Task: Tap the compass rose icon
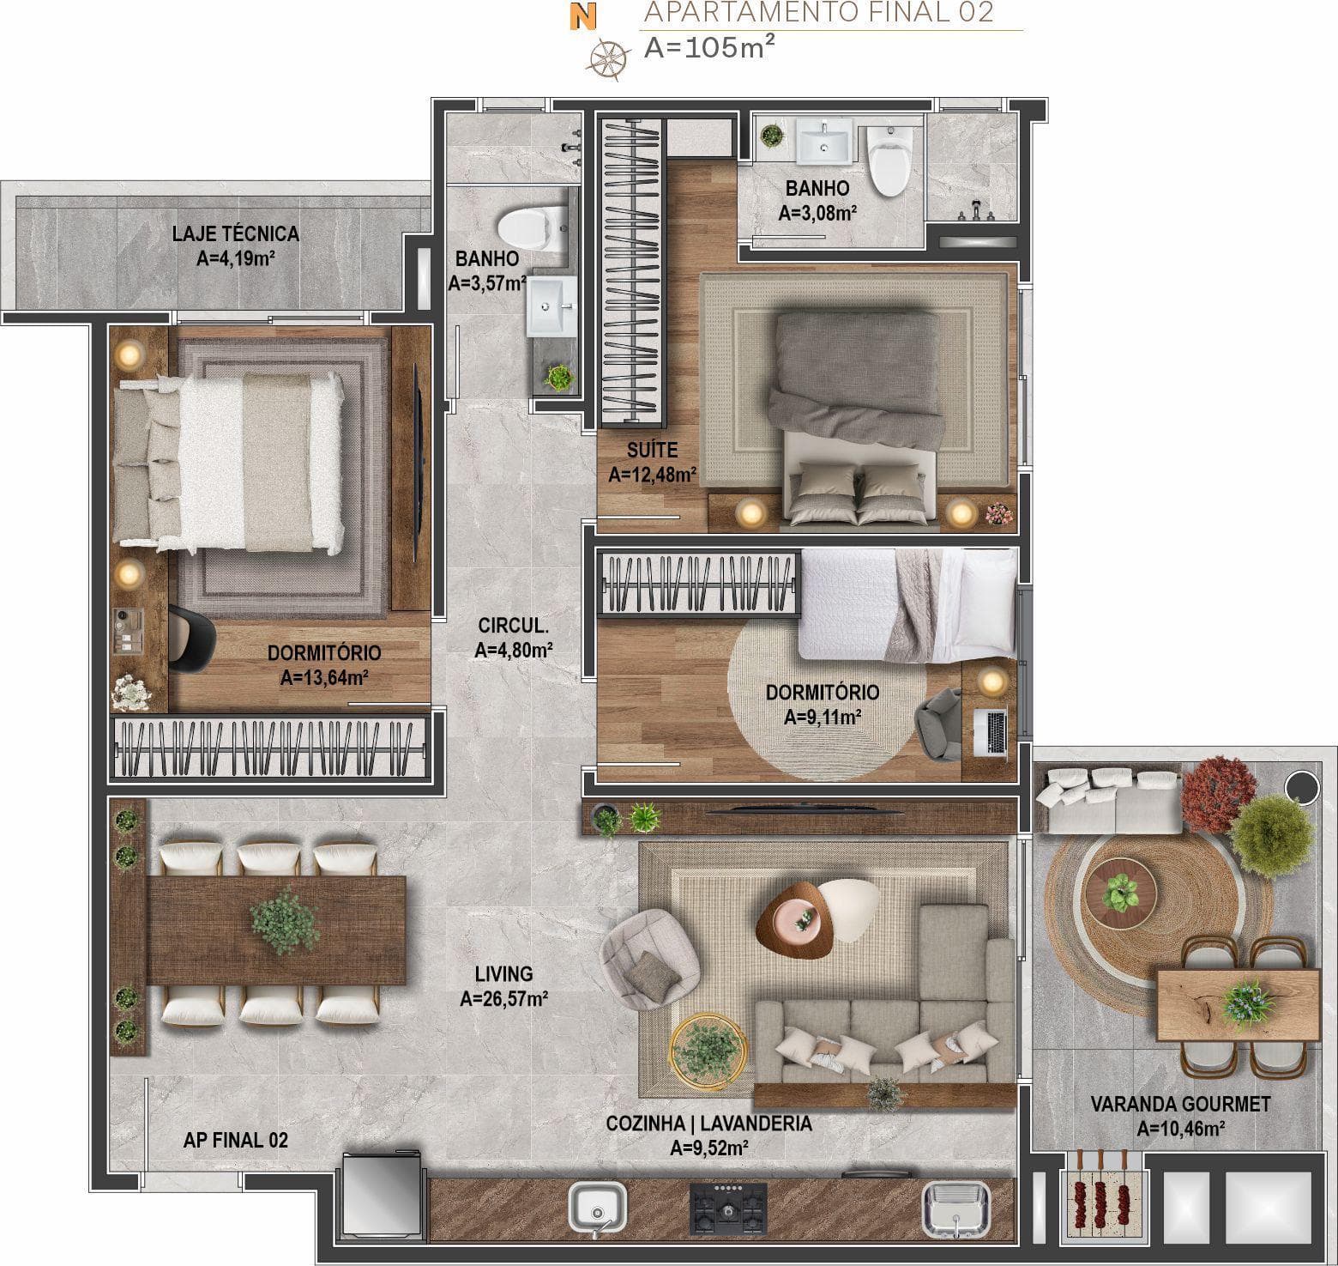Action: pos(605,58)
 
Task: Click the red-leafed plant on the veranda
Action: pos(1217,793)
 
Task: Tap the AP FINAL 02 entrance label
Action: pos(236,1141)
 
